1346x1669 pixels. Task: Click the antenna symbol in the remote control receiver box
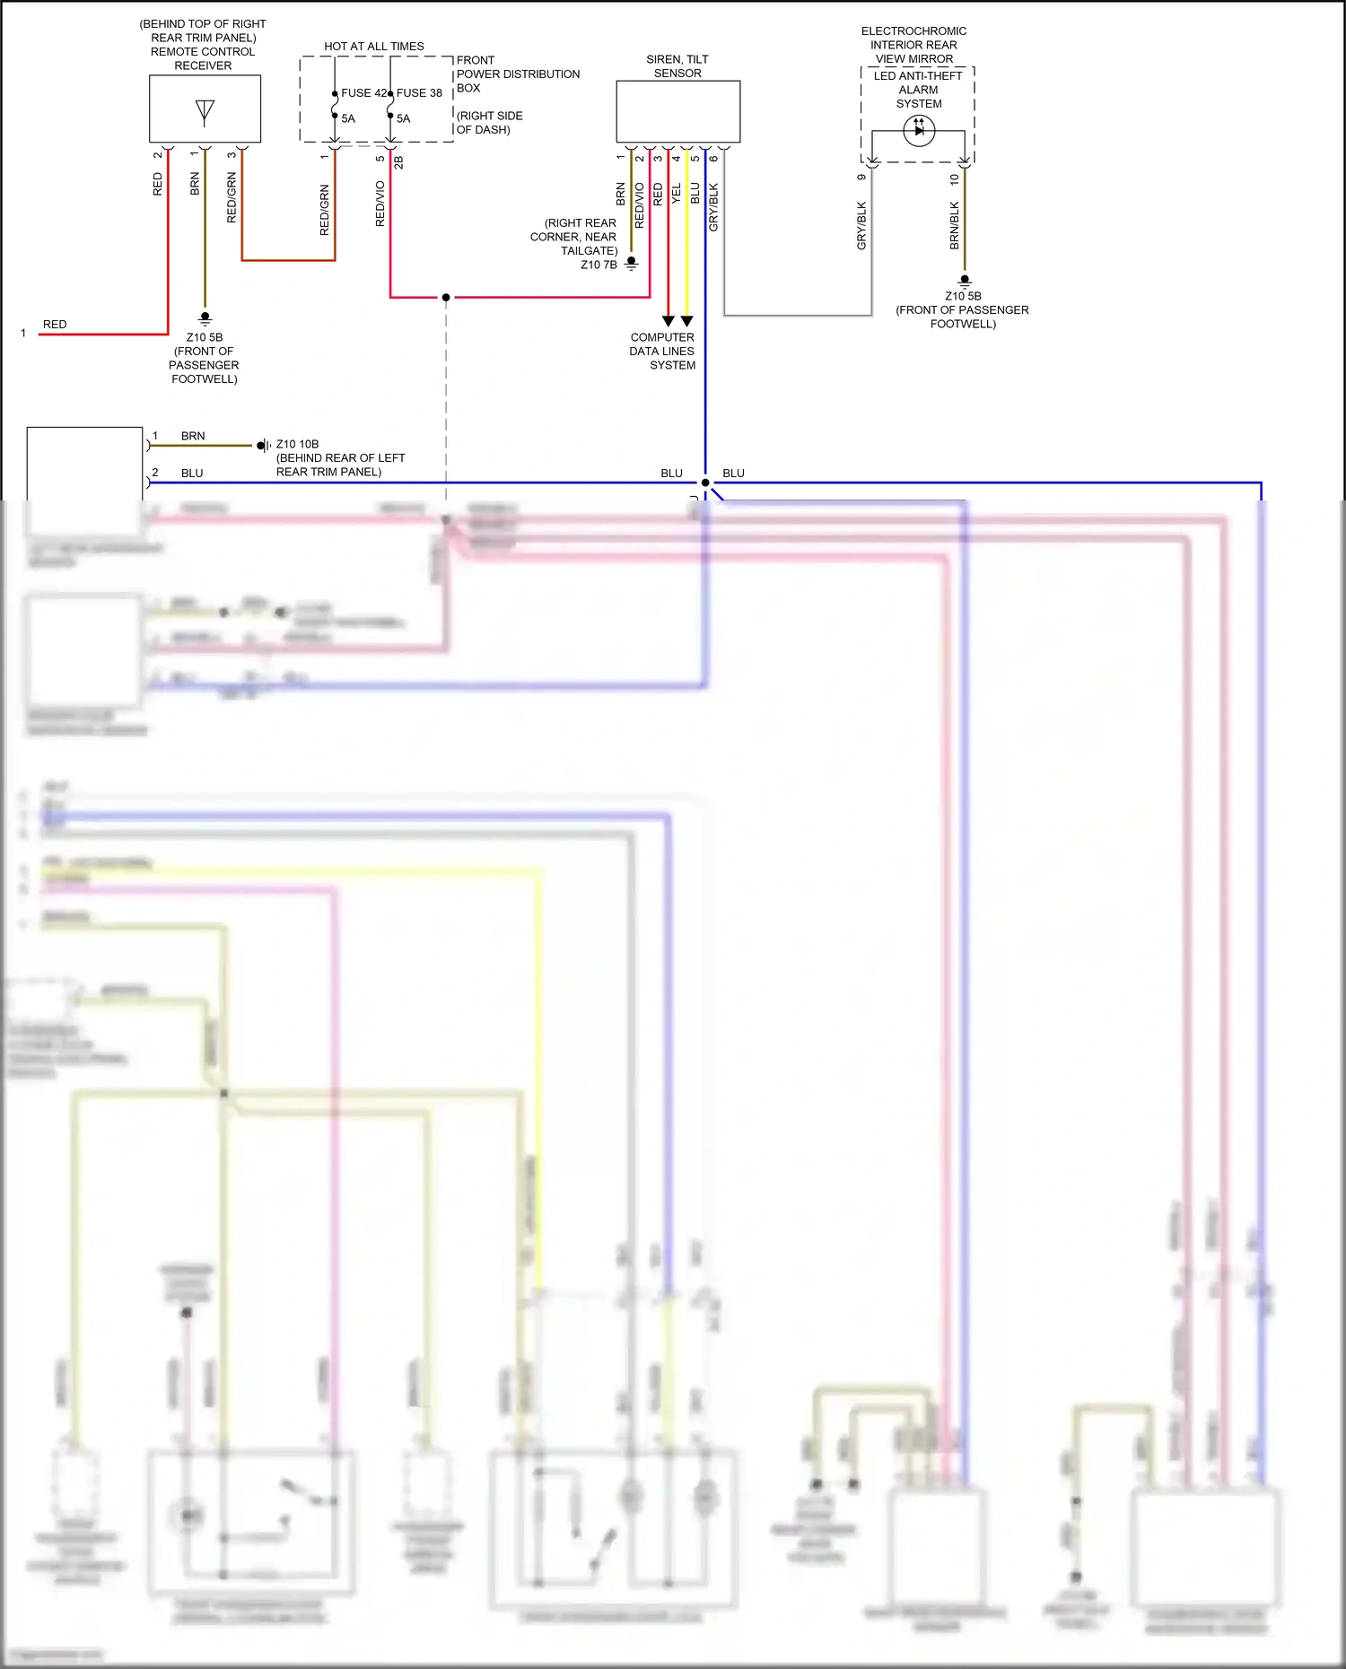point(205,111)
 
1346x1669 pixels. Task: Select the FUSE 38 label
point(420,93)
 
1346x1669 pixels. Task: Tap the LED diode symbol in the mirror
point(919,131)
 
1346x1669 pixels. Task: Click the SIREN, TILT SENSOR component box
point(677,111)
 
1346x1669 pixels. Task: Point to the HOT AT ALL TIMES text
point(374,47)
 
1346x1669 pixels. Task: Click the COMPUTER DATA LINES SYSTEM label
point(662,352)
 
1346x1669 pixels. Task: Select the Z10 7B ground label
point(599,265)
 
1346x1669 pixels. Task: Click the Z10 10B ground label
point(297,444)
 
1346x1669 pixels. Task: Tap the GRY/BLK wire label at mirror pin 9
point(861,225)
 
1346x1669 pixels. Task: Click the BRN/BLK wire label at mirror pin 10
point(954,225)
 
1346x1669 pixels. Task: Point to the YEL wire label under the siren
point(677,193)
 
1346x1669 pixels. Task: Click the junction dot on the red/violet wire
point(446,297)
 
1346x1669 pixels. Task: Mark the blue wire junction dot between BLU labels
point(705,482)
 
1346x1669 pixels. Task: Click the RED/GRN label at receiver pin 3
point(232,198)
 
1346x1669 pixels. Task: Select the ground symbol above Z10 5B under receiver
point(205,318)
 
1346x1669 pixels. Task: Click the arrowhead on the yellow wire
point(686,321)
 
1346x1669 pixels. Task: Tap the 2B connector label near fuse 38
point(398,162)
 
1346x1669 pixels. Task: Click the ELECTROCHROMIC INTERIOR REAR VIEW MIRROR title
point(913,45)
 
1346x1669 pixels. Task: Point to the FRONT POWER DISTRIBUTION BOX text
point(517,74)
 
